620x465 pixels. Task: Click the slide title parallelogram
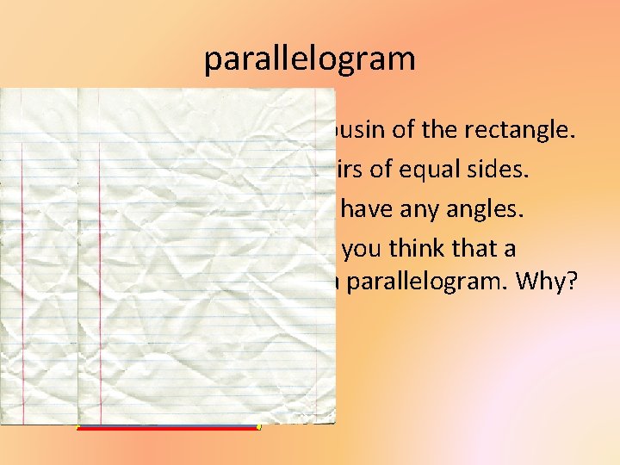pos(309,59)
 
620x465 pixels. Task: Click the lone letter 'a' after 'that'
pos(511,250)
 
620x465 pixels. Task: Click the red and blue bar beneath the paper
pos(168,427)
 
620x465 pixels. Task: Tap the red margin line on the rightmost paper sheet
pos(101,258)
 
